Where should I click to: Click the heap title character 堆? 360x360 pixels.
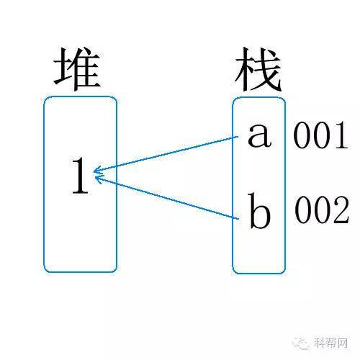pyautogui.click(x=77, y=69)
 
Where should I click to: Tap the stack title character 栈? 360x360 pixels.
pyautogui.click(x=258, y=69)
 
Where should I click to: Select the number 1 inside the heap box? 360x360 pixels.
pyautogui.click(x=81, y=175)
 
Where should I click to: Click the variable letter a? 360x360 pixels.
pyautogui.click(x=260, y=135)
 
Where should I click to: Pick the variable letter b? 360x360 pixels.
pyautogui.click(x=260, y=211)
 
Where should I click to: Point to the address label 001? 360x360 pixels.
pyautogui.click(x=321, y=135)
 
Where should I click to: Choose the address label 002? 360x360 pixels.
pyautogui.click(x=322, y=210)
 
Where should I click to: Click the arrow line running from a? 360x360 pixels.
pyautogui.click(x=166, y=154)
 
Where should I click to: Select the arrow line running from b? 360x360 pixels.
pyautogui.click(x=166, y=197)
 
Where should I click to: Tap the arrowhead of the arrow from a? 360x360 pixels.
pyautogui.click(x=96, y=171)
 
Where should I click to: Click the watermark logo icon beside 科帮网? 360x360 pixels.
pyautogui.click(x=301, y=343)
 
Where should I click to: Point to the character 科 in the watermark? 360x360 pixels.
pyautogui.click(x=320, y=343)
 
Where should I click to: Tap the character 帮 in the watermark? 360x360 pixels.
pyautogui.click(x=331, y=343)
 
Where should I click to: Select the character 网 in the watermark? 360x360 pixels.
pyautogui.click(x=342, y=343)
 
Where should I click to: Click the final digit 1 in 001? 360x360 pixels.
pyautogui.click(x=341, y=135)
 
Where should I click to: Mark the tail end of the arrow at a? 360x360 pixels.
pyautogui.click(x=238, y=136)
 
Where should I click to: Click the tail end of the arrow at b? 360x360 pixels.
pyautogui.click(x=238, y=219)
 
